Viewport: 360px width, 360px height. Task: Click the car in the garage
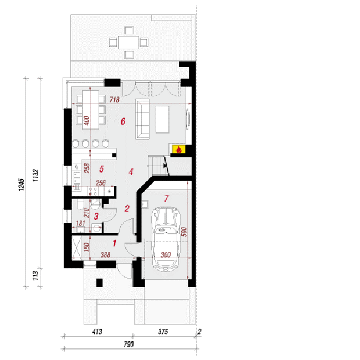pos(166,239)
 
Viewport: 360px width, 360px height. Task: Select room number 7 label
pos(167,199)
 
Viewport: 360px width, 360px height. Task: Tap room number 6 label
pos(123,121)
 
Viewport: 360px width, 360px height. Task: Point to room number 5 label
pos(101,169)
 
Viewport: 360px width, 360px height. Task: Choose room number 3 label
pos(96,216)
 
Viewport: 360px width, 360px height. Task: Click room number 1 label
pos(115,243)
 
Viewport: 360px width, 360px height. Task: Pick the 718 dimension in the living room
pos(114,100)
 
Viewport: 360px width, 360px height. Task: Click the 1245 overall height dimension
pos(21,184)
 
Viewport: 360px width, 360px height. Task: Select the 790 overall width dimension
pos(129,344)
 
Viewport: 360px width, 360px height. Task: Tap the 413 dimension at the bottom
pos(97,332)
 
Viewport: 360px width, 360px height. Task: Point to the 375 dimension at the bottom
pos(163,332)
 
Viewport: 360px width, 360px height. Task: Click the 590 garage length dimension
pos(184,232)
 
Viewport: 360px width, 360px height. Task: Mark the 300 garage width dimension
pos(166,255)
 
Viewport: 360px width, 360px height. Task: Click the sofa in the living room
pos(142,119)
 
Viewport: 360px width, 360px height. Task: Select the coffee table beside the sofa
pos(162,120)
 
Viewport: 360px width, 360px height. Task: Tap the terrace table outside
pos(128,43)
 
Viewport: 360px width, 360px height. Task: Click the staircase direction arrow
pos(166,165)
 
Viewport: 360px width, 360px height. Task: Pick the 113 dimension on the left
pos(35,276)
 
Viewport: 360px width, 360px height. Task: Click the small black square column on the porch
pos(99,282)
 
